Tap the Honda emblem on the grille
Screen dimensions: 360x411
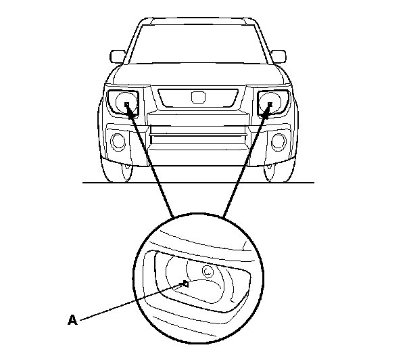coord(197,97)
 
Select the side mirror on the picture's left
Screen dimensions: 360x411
coord(118,55)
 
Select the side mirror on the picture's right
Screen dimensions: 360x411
coord(277,55)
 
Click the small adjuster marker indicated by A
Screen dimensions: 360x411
coord(184,284)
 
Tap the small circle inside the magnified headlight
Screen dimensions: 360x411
coord(208,271)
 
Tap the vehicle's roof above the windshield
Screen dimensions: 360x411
coord(197,20)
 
